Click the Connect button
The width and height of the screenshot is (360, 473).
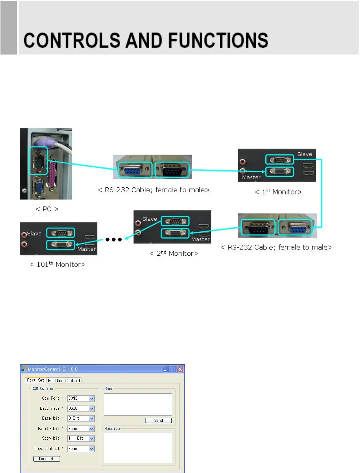46,459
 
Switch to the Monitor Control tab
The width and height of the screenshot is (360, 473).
64,381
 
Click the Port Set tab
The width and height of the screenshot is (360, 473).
35,380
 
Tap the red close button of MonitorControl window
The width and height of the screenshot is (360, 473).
180,369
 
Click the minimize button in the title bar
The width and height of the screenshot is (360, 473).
166,369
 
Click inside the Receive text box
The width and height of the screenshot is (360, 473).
138,448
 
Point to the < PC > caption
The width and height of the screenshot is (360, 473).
47,209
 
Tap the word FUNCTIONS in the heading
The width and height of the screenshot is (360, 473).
218,41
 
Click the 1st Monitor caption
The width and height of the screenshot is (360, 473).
278,192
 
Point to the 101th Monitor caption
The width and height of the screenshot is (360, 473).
57,264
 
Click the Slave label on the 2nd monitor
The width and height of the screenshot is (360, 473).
150,219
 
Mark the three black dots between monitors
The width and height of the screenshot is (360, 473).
113,239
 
